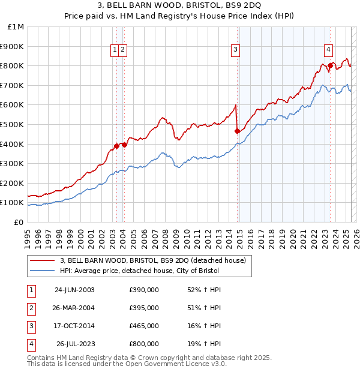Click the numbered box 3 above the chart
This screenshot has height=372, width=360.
click(x=236, y=50)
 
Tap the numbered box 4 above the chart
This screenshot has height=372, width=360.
click(x=329, y=50)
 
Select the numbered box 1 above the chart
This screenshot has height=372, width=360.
click(x=114, y=50)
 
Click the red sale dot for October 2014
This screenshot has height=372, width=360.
click(x=237, y=131)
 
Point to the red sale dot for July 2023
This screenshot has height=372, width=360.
click(x=330, y=65)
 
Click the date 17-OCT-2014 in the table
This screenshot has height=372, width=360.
click(x=75, y=326)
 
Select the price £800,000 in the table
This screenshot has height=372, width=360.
click(x=144, y=344)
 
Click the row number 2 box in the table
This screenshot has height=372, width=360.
click(x=31, y=308)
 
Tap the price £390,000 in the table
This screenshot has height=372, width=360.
click(x=144, y=290)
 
